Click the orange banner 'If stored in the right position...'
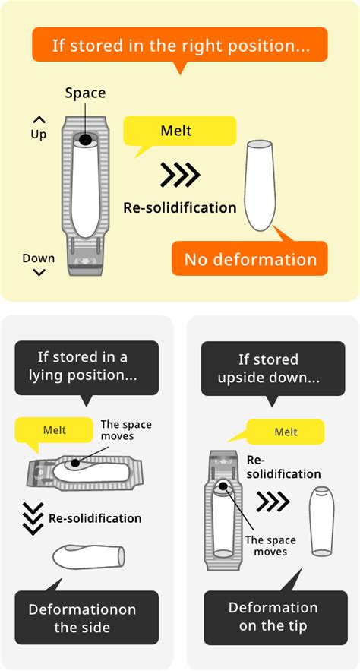coord(179,45)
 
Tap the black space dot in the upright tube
coord(86,140)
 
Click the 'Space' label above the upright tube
coord(85,93)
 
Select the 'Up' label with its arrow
coord(39,128)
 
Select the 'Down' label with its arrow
coord(38,264)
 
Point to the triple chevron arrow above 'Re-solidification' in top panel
coord(180,175)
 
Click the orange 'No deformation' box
coord(250,259)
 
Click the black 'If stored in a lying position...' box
coord(87,366)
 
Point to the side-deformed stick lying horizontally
coord(88,555)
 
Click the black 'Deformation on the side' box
coord(87,618)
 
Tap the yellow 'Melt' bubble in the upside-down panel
coord(286,432)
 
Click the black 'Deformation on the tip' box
coord(273,616)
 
